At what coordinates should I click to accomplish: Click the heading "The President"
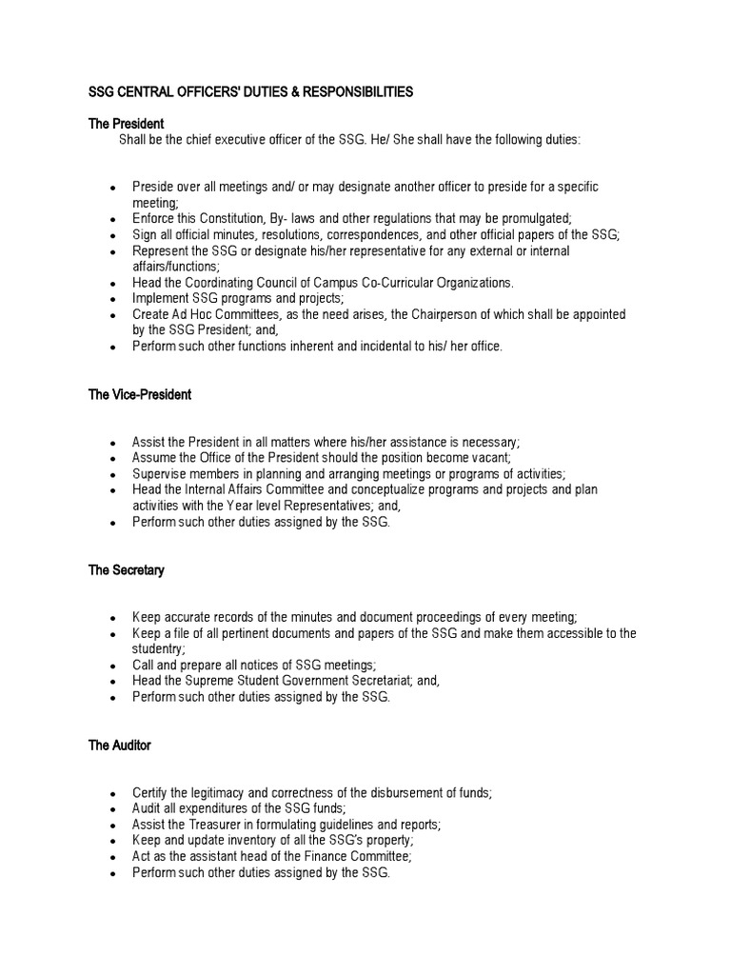click(x=127, y=124)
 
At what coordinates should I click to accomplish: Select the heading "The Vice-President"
click(x=140, y=395)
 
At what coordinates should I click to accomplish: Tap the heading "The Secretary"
click(x=127, y=570)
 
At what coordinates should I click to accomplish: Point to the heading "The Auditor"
click(x=120, y=746)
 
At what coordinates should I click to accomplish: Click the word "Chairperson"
click(x=469, y=314)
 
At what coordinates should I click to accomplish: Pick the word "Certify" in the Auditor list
click(x=150, y=793)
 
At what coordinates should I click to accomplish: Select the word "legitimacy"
click(x=222, y=793)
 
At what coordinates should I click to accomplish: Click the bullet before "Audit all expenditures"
click(x=113, y=810)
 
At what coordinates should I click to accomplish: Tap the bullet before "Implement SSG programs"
click(x=113, y=299)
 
